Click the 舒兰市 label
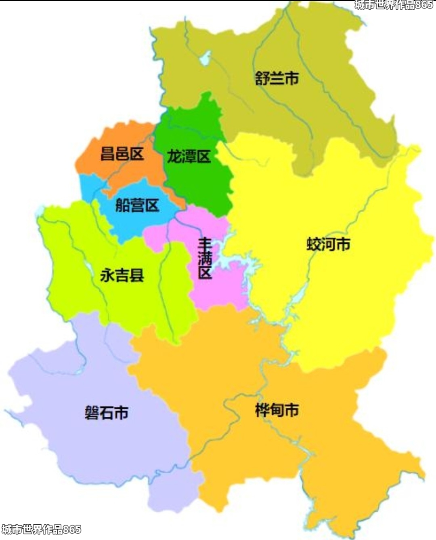277,78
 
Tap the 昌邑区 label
122,154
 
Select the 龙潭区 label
189,156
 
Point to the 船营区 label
137,205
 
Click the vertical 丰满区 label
205,259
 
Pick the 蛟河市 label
328,244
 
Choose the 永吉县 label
122,276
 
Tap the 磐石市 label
107,413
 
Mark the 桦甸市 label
277,410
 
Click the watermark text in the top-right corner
394,5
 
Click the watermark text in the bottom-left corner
41,529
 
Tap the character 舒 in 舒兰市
262,78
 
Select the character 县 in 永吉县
136,276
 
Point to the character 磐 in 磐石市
92,413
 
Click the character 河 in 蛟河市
328,244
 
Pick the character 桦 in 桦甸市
262,410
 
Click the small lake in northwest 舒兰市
205,58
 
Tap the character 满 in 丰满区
205,259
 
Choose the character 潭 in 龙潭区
189,156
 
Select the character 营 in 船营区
137,205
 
